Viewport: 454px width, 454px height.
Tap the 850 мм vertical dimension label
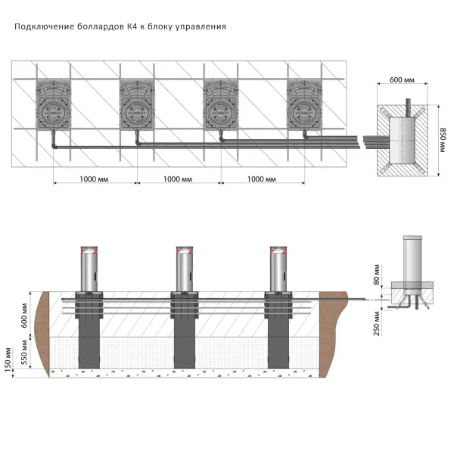tap(442, 137)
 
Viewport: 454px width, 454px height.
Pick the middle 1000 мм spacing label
tap(178, 179)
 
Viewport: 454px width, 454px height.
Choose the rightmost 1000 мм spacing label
tap(262, 179)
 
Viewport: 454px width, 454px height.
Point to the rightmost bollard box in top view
tap(304, 106)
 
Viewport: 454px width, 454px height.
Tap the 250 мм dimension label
tap(376, 324)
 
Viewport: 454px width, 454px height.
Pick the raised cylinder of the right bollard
tap(278, 268)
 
